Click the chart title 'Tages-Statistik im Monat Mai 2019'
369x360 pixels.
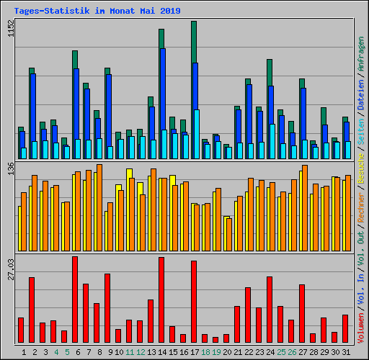coord(97,11)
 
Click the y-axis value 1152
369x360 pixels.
coord(10,30)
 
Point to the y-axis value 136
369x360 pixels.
coord(10,168)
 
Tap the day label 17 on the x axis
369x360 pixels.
coord(195,351)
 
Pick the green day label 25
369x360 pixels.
coord(281,351)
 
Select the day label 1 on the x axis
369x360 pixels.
coord(25,351)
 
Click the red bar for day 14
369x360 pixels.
coord(161,299)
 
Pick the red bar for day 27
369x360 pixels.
coord(302,313)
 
